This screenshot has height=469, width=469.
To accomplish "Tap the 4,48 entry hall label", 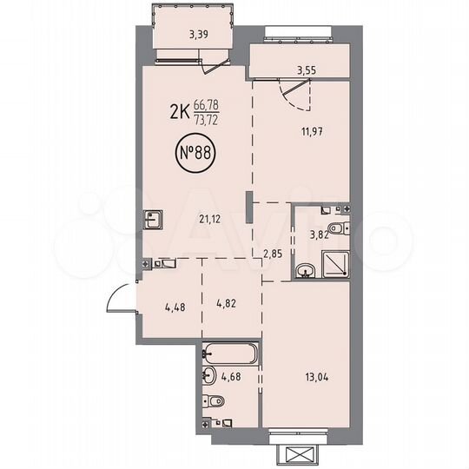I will [x=175, y=306].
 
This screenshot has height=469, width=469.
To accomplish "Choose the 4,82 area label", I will [x=227, y=306].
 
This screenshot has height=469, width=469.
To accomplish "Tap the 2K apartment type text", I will [x=180, y=112].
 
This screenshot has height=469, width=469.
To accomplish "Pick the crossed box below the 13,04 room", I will [x=296, y=455].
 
